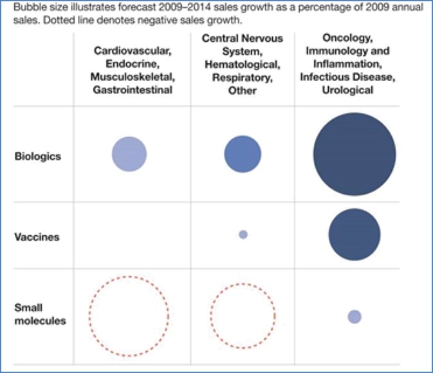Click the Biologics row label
click(37, 155)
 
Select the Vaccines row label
click(37, 237)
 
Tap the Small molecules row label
click(39, 314)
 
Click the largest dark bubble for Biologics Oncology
click(355, 155)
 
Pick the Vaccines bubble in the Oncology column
click(355, 234)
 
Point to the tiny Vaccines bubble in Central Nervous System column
click(243, 234)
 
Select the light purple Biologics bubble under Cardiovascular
click(129, 155)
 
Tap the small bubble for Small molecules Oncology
click(355, 316)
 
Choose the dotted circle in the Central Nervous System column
click(243, 315)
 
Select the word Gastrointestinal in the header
click(133, 90)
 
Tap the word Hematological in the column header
click(243, 64)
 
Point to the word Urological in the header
click(348, 90)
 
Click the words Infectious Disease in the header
click(348, 77)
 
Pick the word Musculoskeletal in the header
click(133, 77)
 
